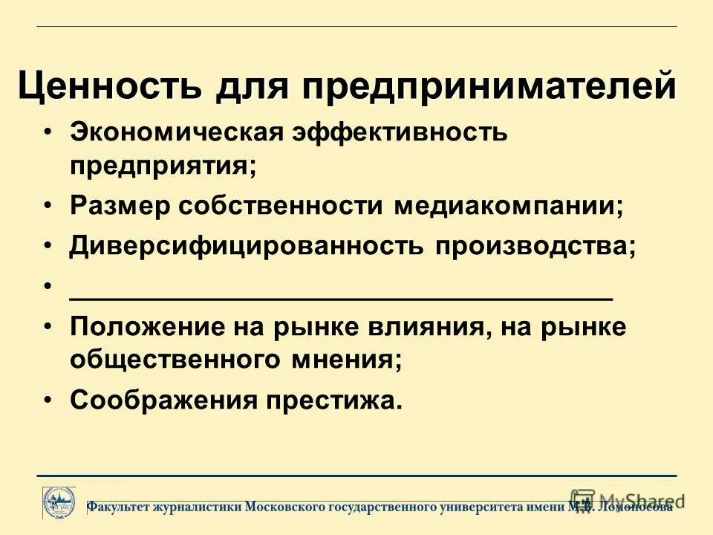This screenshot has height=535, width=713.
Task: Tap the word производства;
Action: [535, 246]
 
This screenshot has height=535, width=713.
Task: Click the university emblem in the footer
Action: [58, 502]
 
